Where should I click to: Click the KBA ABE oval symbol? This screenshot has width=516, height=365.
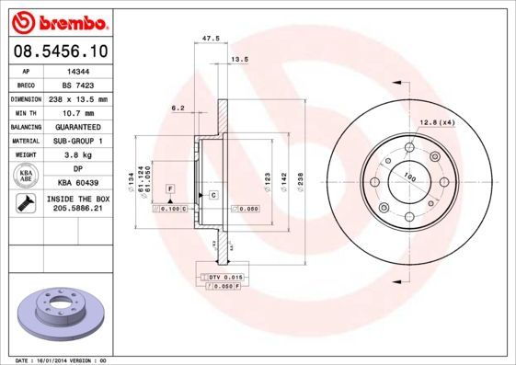pos(26,175)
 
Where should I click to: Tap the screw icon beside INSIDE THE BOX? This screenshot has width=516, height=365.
pos(26,204)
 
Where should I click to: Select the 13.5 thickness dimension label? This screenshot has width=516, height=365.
pos(239,59)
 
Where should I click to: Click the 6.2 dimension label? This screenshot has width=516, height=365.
pos(178,108)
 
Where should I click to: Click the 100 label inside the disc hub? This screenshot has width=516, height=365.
pos(409,178)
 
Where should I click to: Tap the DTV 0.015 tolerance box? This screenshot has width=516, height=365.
pos(224,277)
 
